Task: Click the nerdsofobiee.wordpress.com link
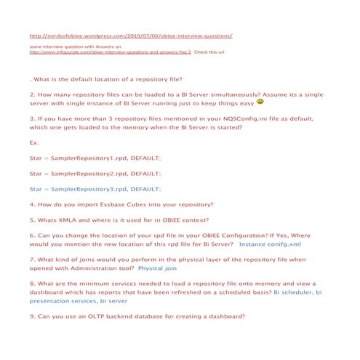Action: coord(131,35)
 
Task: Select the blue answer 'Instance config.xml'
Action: coord(270,245)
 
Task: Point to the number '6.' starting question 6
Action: coord(33,236)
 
